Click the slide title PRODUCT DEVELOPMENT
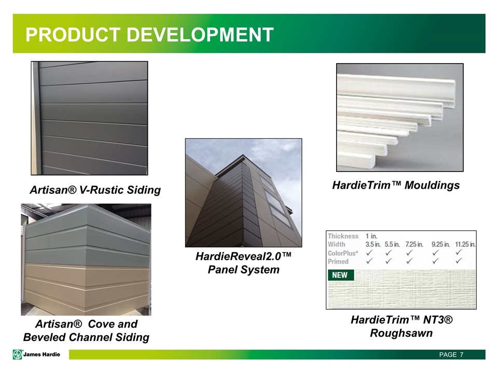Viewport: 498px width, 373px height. [x=150, y=35]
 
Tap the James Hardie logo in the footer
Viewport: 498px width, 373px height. [x=37, y=354]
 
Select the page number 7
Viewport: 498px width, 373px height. [x=461, y=355]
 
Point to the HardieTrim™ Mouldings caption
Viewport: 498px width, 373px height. [x=396, y=185]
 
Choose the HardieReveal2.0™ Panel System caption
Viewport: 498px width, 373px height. [x=243, y=263]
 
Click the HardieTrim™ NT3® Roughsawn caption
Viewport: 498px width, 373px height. [x=401, y=326]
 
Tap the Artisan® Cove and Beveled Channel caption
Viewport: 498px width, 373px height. [x=87, y=331]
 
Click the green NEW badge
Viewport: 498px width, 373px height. [x=340, y=275]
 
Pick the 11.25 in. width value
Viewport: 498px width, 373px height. [x=465, y=245]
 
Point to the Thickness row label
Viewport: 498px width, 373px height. [x=343, y=236]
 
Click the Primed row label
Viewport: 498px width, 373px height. [x=338, y=262]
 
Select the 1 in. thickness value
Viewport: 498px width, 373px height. [x=371, y=236]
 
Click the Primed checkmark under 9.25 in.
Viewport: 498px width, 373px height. [x=435, y=262]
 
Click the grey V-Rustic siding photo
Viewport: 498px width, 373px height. [x=89, y=118]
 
